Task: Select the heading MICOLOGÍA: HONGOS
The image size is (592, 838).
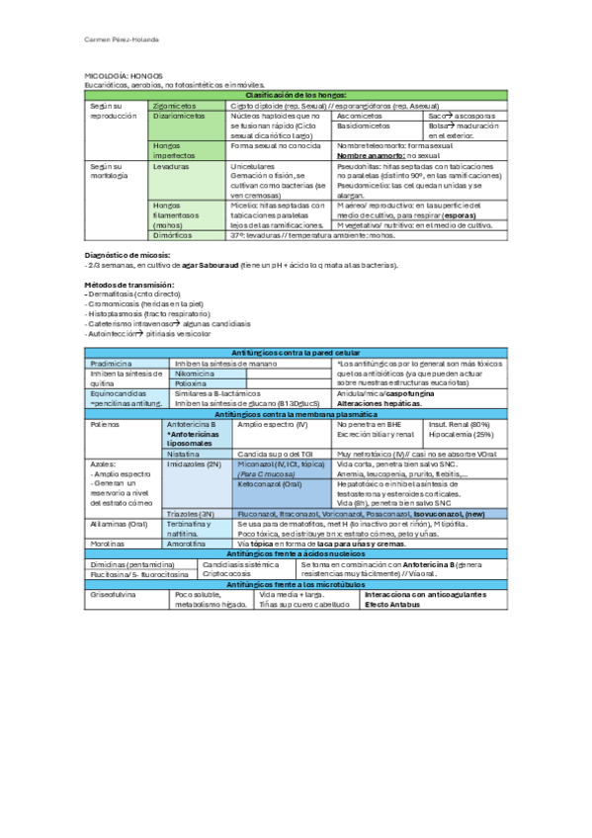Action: coord(116,76)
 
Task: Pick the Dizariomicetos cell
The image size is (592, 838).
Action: coord(179,115)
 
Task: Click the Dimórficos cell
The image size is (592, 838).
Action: coord(173,235)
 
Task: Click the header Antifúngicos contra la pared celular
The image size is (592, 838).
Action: coord(296,353)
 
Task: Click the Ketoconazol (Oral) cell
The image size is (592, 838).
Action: coord(269,484)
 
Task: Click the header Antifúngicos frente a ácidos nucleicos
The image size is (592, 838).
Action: coord(296,554)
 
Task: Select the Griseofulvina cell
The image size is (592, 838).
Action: coord(116,595)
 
